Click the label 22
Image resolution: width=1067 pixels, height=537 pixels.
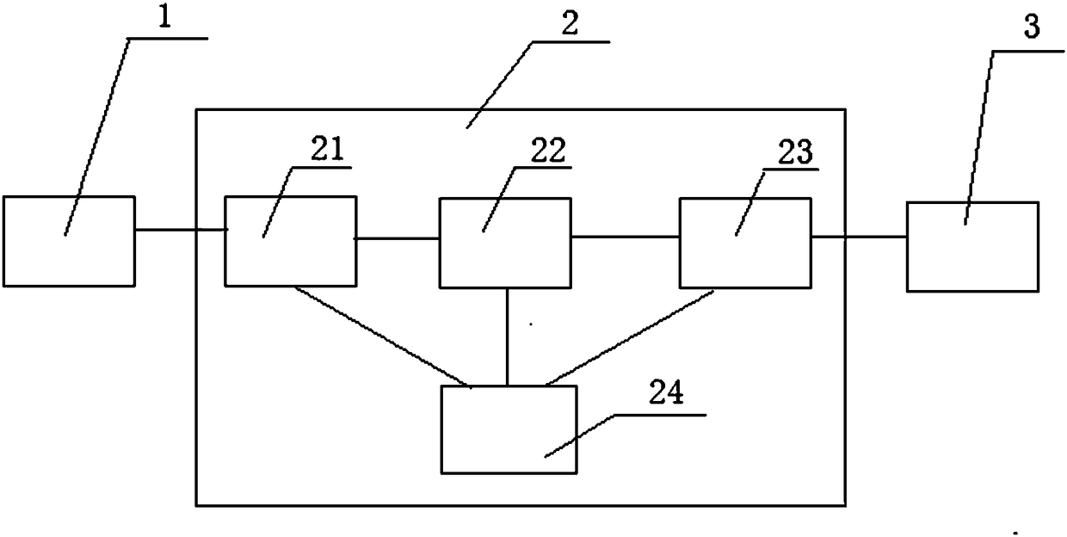click(548, 152)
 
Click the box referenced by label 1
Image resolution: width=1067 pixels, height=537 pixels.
click(69, 241)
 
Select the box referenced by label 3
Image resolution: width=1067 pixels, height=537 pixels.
click(971, 247)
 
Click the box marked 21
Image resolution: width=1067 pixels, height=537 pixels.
click(290, 241)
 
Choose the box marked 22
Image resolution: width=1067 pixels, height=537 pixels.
click(505, 243)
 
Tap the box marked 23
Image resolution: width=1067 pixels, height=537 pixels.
click(744, 243)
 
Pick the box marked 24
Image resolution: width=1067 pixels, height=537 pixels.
click(508, 429)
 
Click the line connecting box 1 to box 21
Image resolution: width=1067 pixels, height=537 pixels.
click(179, 230)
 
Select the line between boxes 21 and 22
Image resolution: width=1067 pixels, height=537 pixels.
click(398, 237)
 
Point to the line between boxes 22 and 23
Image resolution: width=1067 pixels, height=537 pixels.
click(625, 236)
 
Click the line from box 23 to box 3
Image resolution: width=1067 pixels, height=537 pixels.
click(858, 235)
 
